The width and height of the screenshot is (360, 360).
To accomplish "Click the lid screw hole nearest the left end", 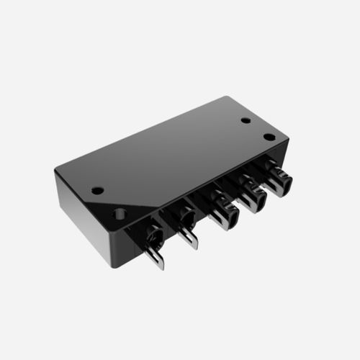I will pyautogui.click(x=97, y=191).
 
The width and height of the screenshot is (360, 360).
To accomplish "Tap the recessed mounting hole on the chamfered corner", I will pyautogui.click(x=120, y=213).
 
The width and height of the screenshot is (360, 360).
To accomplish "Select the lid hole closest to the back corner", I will pyautogui.click(x=246, y=120).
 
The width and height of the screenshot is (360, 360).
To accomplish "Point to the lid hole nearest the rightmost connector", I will pyautogui.click(x=269, y=137).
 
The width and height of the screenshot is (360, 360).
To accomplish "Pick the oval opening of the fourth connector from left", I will pyautogui.click(x=251, y=194).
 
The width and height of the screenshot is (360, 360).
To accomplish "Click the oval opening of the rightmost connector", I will pyautogui.click(x=277, y=178).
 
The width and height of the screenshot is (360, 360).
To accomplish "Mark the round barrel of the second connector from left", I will pyautogui.click(x=184, y=216).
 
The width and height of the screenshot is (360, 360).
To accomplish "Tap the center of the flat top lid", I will pyautogui.click(x=173, y=151).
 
